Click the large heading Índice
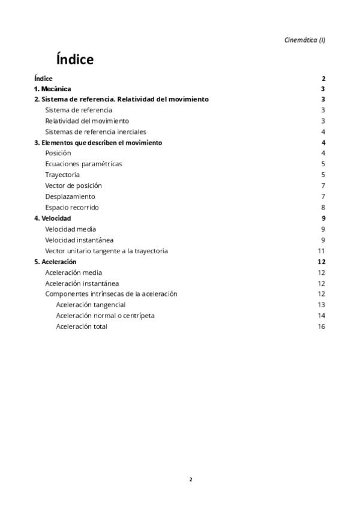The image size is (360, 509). click(x=74, y=59)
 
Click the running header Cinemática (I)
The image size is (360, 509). click(x=305, y=40)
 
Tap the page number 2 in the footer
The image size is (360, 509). click(x=191, y=479)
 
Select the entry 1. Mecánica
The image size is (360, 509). click(x=53, y=89)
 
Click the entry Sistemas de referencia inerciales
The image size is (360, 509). click(x=95, y=132)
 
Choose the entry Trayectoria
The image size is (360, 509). click(x=62, y=175)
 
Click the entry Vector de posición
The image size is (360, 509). click(x=74, y=185)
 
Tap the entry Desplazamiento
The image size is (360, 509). click(x=70, y=196)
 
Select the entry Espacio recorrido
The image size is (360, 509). click(x=72, y=207)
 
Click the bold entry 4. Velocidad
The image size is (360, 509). click(x=53, y=218)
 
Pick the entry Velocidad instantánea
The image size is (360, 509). click(x=79, y=240)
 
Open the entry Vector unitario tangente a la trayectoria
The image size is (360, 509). click(x=106, y=251)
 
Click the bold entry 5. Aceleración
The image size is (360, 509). click(x=55, y=262)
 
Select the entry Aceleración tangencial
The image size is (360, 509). click(x=91, y=305)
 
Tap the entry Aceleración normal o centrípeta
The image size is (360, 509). click(x=105, y=316)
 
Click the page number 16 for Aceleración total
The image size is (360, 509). click(x=321, y=327)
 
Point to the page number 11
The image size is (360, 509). click(x=321, y=251)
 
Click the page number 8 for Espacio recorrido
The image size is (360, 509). click(x=323, y=207)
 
